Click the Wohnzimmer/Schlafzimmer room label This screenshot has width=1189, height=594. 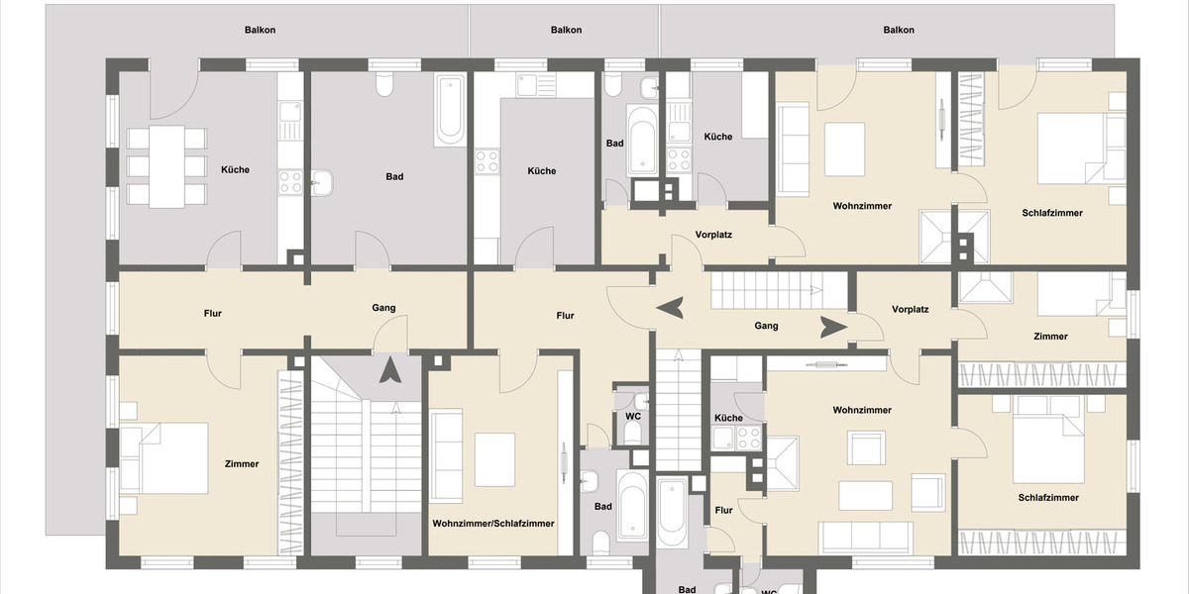tap(492, 523)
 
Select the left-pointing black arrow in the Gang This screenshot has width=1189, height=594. tap(670, 308)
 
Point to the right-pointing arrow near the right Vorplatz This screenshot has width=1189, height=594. tap(833, 326)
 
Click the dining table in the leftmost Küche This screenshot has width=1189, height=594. tap(166, 166)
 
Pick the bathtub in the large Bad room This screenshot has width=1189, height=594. tap(449, 109)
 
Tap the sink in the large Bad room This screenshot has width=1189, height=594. tap(323, 183)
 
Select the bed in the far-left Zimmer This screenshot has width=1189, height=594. tap(164, 457)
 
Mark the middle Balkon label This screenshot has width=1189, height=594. tap(566, 30)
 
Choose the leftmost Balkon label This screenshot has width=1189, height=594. tap(260, 30)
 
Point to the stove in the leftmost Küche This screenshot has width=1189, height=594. tap(289, 181)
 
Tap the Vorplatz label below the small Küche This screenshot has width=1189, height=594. tap(712, 235)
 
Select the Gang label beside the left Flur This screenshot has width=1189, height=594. tap(383, 308)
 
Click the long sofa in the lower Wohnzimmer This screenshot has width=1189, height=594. tap(866, 538)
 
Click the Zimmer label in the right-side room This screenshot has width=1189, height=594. tap(1050, 337)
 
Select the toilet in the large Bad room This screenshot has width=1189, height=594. tap(383, 86)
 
